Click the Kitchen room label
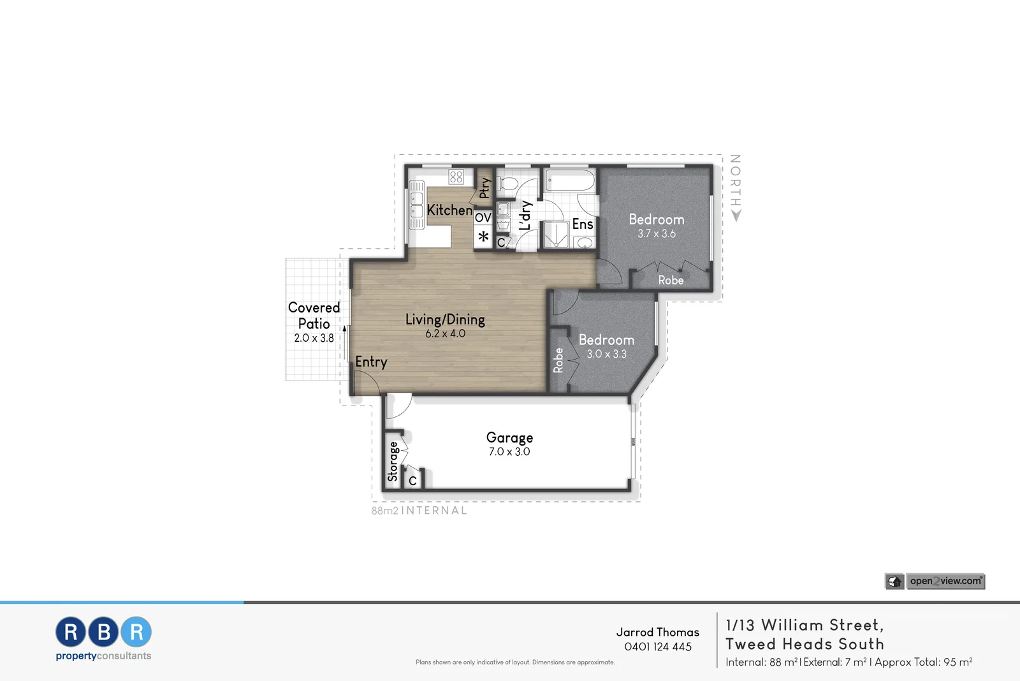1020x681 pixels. tap(449, 210)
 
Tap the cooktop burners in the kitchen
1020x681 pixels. tap(456, 177)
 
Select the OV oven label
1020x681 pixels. tap(483, 218)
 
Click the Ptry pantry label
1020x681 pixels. tap(485, 187)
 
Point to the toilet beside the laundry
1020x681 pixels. tap(509, 184)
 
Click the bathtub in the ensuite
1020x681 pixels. tap(570, 181)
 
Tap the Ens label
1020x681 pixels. tap(583, 224)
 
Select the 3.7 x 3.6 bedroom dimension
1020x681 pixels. tap(657, 234)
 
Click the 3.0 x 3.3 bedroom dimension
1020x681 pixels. tap(606, 355)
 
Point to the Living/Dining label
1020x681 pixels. tap(445, 319)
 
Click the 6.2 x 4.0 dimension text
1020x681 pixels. tap(445, 333)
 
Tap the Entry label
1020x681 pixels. tap(371, 362)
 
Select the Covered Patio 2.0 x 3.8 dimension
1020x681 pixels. tap(314, 339)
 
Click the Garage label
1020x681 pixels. tap(509, 437)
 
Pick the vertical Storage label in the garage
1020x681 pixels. tap(393, 462)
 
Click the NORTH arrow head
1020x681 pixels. tap(736, 217)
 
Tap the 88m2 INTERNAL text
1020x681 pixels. tap(419, 511)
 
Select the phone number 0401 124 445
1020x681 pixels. tap(658, 647)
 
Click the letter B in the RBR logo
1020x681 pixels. tap(104, 632)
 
